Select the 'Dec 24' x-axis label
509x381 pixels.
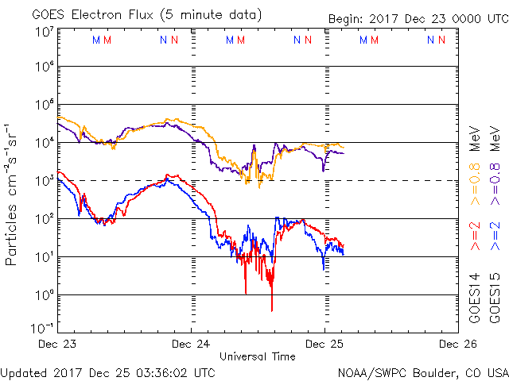tap(192, 344)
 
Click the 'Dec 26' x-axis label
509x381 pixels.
tap(456, 344)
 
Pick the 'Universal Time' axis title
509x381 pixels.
tap(258, 356)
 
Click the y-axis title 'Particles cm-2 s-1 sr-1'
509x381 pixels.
tap(14, 194)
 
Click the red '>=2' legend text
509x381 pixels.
tap(475, 237)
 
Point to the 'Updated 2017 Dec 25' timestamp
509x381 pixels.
tap(108, 371)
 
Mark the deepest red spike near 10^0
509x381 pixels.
tap(272, 310)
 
